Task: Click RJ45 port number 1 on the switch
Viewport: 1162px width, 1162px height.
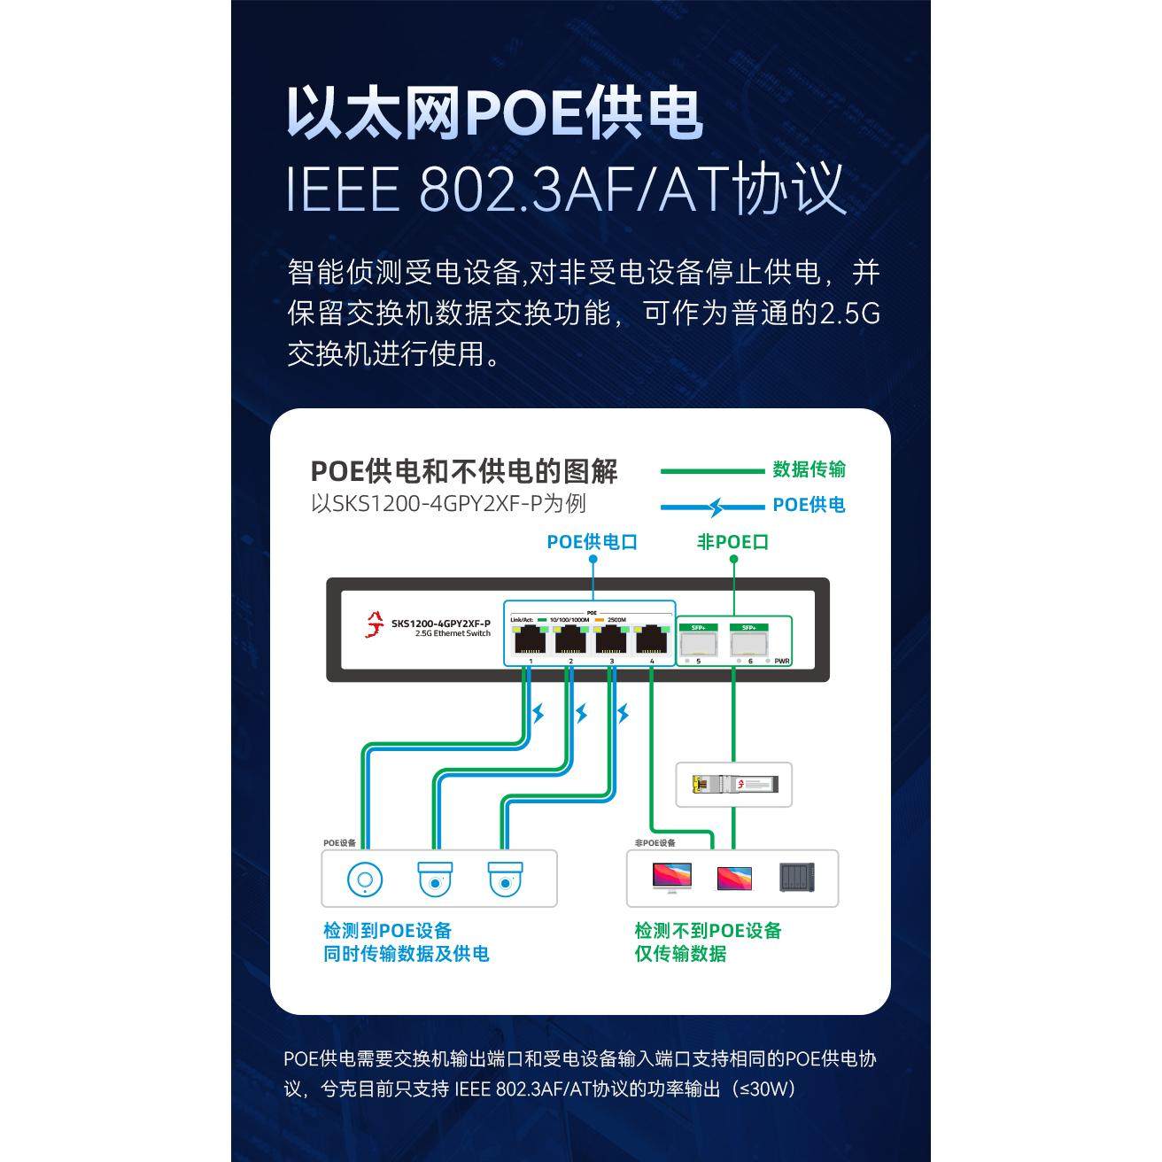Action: click(x=529, y=638)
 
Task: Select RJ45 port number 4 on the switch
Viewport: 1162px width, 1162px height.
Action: click(x=652, y=638)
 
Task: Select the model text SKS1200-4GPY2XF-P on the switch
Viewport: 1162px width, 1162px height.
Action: click(x=440, y=624)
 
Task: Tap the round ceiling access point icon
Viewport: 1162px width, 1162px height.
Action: click(x=364, y=879)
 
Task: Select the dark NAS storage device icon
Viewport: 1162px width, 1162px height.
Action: click(x=796, y=877)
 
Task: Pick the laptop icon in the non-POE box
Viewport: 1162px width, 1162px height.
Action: click(x=734, y=878)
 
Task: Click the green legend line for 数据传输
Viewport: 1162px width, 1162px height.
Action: click(x=711, y=471)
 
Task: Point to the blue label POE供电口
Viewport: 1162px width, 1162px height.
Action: click(x=592, y=542)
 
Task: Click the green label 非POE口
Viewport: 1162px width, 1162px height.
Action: click(x=732, y=542)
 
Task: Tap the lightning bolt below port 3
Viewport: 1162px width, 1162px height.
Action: click(x=624, y=713)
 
